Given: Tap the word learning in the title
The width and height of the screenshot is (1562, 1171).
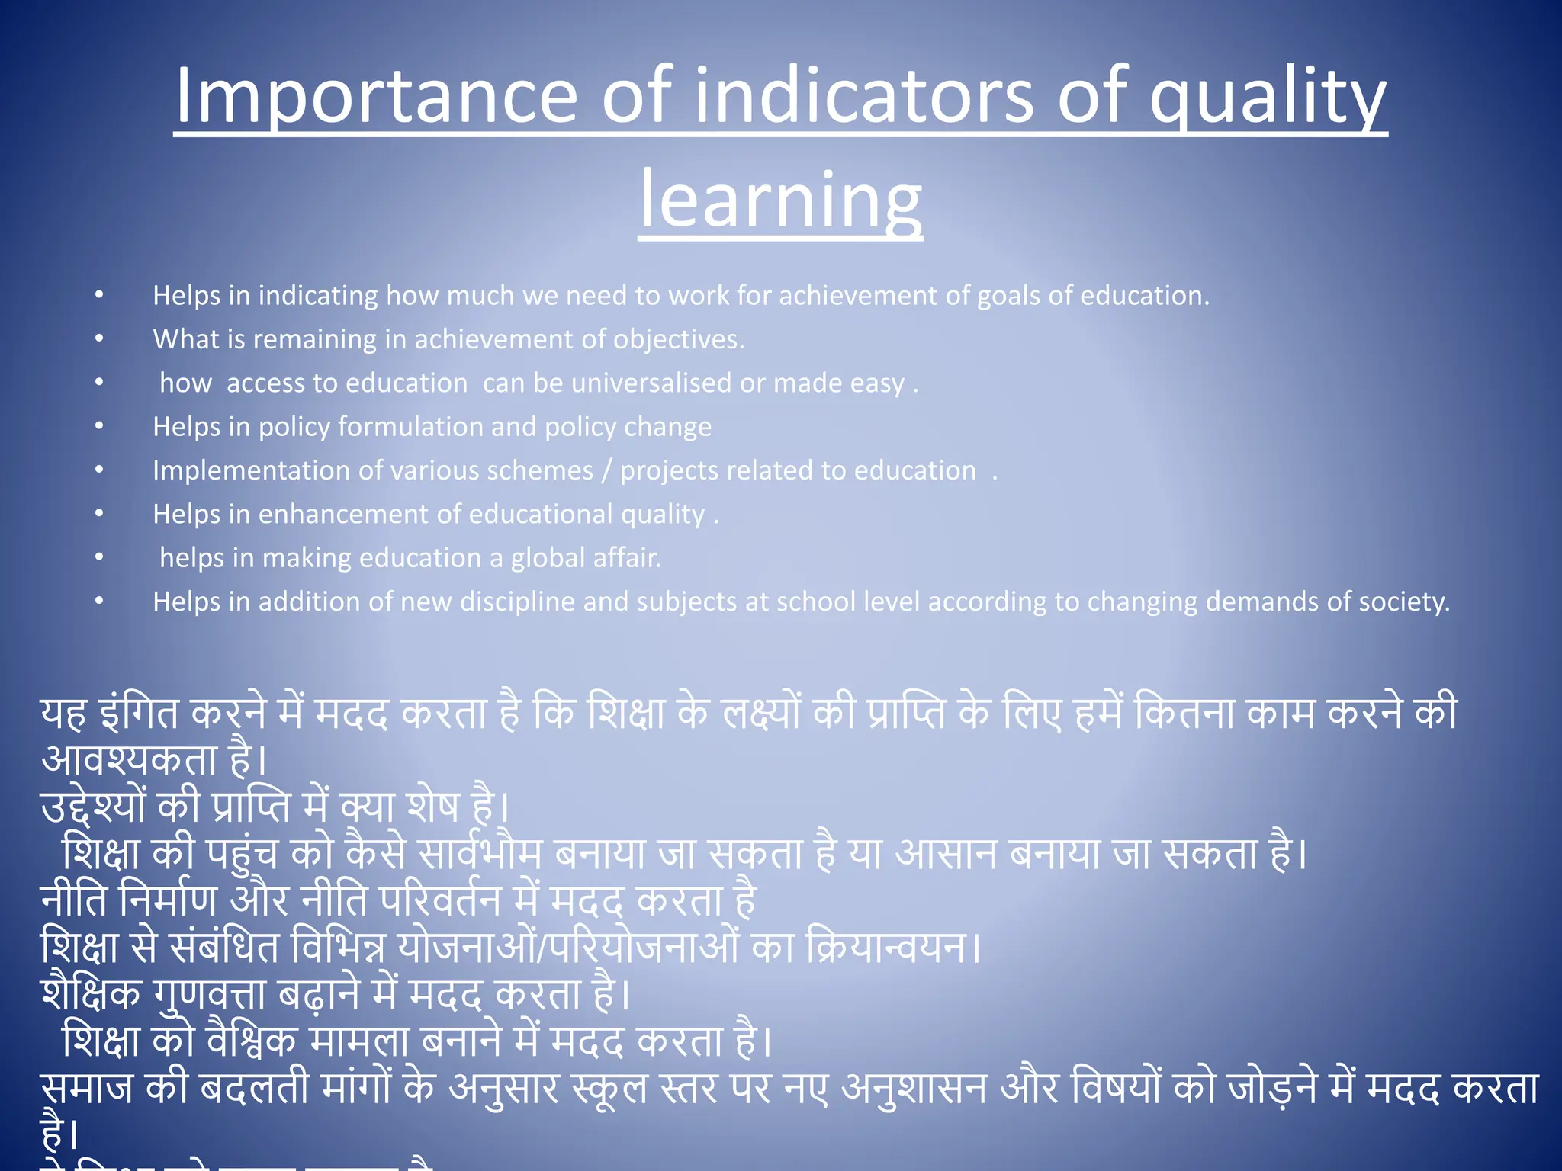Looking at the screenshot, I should click(780, 200).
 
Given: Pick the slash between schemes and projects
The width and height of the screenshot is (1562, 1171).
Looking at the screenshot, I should click(606, 470).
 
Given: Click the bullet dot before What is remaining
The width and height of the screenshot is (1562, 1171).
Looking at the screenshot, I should click(99, 338).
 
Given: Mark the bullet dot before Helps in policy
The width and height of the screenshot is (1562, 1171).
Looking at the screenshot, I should click(99, 426).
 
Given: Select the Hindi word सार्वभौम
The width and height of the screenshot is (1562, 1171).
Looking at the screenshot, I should click(481, 853).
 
